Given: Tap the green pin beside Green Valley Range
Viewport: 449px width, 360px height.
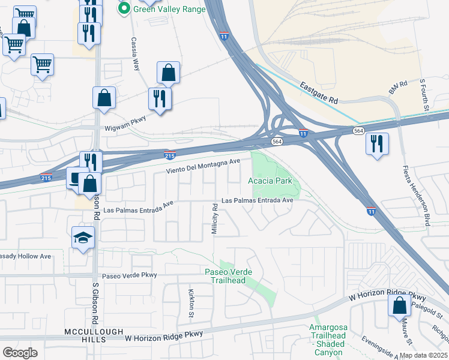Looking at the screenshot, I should pos(125,8).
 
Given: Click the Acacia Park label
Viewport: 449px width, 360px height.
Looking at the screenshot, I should pos(270,181).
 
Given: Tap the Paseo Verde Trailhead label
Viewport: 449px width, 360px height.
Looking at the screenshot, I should pos(229,276).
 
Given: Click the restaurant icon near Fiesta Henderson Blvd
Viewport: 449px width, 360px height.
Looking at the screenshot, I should pos(376,144).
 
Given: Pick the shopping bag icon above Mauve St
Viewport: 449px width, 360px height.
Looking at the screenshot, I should pos(399,305).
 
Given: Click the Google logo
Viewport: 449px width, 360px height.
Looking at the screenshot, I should pos(20,353).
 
